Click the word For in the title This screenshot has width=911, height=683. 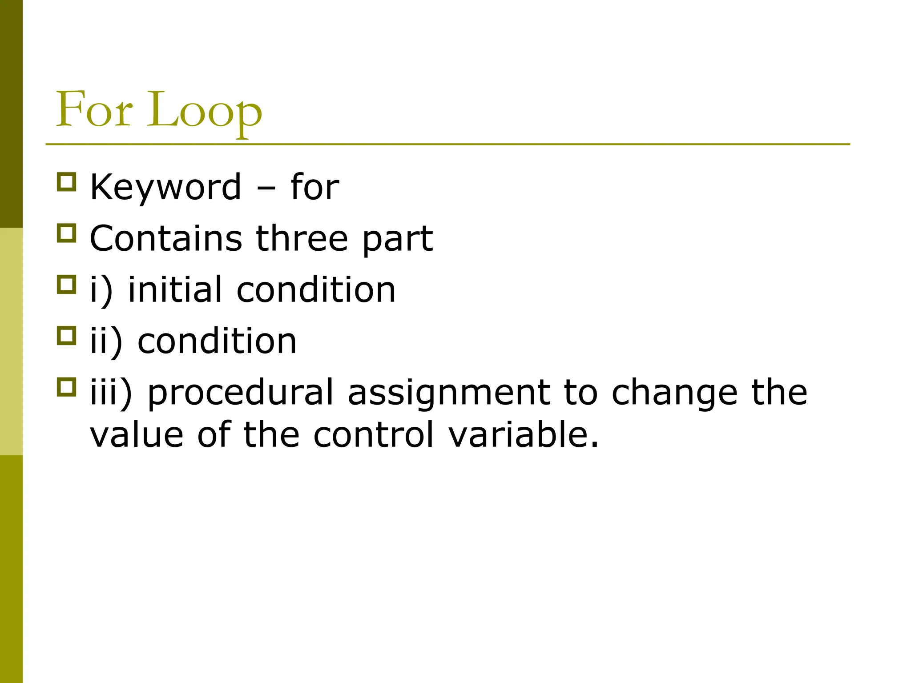[x=94, y=109]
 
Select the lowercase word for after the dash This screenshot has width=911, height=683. [x=314, y=187]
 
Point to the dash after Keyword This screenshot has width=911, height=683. [x=266, y=189]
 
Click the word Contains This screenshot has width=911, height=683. [x=166, y=238]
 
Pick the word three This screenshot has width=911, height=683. [x=302, y=238]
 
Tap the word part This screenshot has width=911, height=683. [x=397, y=240]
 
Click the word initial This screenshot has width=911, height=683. [x=175, y=289]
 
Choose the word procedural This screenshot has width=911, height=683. [x=240, y=393]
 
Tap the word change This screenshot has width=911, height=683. [x=674, y=393]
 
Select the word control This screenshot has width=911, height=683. [x=374, y=434]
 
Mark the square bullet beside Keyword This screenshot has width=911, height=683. [x=67, y=182]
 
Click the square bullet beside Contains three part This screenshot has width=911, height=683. [x=67, y=233]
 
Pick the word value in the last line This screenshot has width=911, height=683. [x=137, y=434]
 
